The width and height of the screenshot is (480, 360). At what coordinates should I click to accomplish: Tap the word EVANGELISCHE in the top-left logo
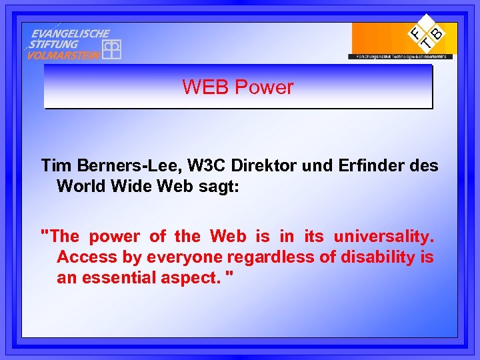pos(71,33)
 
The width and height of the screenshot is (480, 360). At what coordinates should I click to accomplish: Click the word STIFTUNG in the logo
pos(54,44)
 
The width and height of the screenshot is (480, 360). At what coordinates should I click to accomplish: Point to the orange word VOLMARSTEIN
pos(63,55)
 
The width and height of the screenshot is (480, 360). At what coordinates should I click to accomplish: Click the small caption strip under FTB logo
pos(400,57)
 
